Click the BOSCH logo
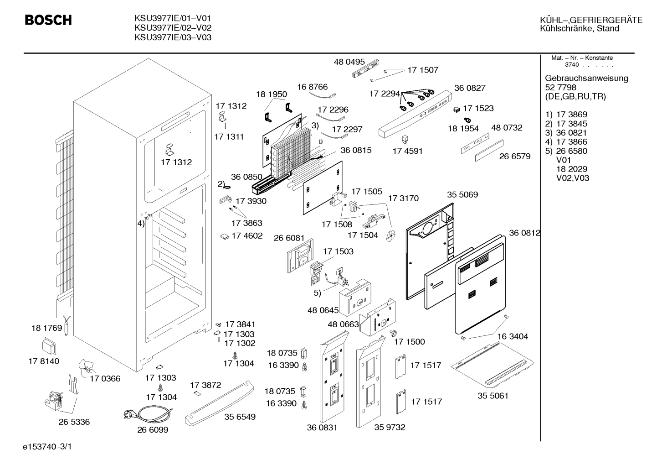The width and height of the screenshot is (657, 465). [48, 20]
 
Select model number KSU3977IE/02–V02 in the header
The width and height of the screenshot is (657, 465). [173, 28]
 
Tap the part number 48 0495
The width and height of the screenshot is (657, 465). [349, 62]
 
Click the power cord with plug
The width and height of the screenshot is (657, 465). [148, 414]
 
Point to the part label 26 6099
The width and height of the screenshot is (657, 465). [153, 430]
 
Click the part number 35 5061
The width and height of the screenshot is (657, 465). [493, 396]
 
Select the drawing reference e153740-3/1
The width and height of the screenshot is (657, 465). [47, 447]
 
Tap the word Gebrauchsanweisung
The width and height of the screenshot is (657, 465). [587, 78]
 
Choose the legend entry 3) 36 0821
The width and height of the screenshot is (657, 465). [566, 133]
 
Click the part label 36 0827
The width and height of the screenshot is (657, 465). [470, 88]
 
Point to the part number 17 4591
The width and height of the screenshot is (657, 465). [408, 151]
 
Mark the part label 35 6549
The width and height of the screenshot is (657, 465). [240, 417]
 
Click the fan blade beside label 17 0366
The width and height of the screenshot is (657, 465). [86, 368]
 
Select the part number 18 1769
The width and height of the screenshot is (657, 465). [47, 328]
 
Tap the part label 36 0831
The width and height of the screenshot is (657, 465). [322, 428]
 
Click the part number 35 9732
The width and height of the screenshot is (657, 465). [390, 427]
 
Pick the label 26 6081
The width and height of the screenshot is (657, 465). [289, 238]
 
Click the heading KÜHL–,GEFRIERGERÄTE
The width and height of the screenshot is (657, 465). [591, 20]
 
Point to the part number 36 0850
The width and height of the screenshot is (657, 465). [246, 177]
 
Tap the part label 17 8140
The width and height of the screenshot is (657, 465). [44, 361]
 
